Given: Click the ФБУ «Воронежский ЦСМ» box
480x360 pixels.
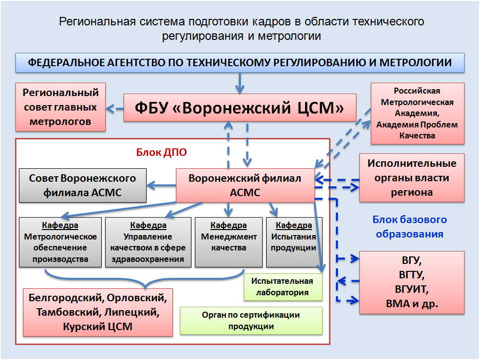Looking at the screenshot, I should pos(240,107).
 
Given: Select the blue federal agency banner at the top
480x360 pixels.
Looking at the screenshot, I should pos(240,63).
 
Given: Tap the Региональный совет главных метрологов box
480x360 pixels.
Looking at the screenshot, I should pos(60,107).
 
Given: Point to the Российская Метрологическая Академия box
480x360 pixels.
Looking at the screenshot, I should pos(417,113).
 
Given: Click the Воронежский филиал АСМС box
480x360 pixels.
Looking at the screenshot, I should pos(245,185).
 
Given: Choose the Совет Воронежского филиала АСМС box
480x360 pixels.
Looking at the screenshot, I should pos(83,185).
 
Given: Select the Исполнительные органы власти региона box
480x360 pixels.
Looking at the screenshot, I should pos(412,178).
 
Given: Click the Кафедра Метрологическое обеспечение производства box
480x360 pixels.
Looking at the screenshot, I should pos(60,242).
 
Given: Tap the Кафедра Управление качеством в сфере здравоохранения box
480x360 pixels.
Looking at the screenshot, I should pos(148,242).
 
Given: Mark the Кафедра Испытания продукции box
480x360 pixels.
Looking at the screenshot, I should pos(294,242).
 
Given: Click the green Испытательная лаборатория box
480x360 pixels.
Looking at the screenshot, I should pos(283,287).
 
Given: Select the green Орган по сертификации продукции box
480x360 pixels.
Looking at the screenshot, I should pos(251,321).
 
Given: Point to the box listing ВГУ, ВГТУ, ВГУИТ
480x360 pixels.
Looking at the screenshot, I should pos(412,282).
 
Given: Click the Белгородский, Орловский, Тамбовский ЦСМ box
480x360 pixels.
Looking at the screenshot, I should pos(98,312).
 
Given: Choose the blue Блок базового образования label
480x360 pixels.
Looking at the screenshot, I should pos(410,227).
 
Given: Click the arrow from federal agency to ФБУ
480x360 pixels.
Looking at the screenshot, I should pos(240,82).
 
